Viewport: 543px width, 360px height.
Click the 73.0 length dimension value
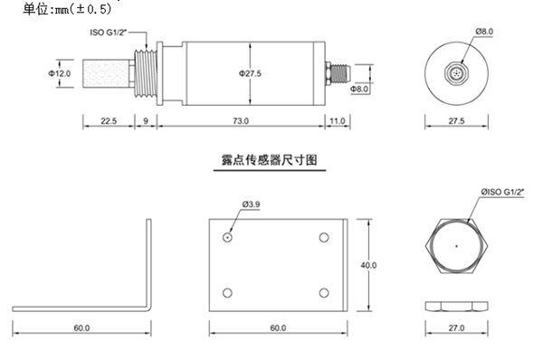point(240,120)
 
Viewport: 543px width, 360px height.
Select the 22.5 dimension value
point(107,120)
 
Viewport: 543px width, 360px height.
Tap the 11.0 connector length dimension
point(338,120)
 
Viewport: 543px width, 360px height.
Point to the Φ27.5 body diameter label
point(250,74)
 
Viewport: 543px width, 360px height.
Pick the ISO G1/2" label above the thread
point(110,33)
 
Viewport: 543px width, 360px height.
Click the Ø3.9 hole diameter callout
point(252,205)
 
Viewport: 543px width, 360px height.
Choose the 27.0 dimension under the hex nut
point(456,327)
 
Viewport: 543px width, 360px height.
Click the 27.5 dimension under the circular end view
point(456,120)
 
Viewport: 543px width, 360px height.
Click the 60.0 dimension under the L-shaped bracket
point(81,327)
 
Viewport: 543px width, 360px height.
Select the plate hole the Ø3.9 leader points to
point(226,237)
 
